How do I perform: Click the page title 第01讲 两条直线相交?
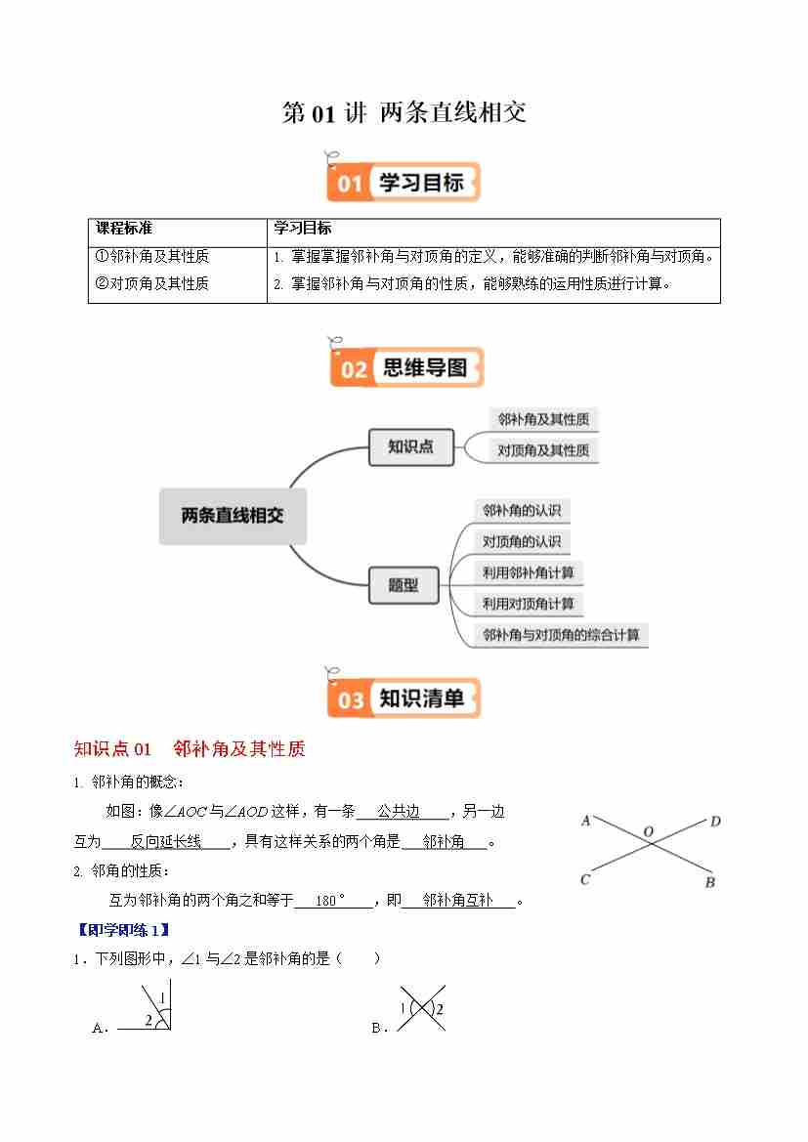(x=404, y=113)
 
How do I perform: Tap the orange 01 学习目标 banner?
(x=404, y=183)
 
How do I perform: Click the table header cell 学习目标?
(x=303, y=229)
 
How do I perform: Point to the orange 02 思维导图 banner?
(x=405, y=368)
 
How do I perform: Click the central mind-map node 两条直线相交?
(x=233, y=516)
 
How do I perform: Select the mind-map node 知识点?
(x=410, y=447)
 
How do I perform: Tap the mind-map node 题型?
(x=404, y=585)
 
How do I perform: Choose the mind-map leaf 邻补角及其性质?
(x=543, y=419)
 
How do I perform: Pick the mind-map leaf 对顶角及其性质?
(x=543, y=450)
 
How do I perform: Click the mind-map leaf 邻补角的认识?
(x=522, y=510)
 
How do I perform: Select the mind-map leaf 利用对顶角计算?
(x=529, y=604)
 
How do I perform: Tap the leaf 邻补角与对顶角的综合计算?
(x=562, y=635)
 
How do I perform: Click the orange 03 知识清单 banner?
(x=404, y=698)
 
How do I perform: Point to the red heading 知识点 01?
(x=113, y=749)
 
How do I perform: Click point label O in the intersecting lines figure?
(x=648, y=831)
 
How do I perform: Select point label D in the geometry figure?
(x=715, y=822)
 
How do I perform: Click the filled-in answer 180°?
(x=331, y=901)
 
